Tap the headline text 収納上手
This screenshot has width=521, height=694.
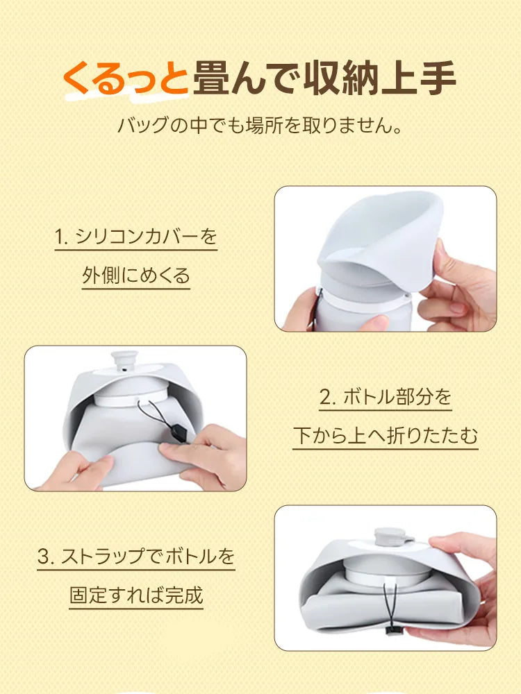[x=380, y=78]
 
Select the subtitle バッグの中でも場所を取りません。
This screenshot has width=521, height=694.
[x=260, y=127]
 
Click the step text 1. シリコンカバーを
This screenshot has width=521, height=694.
[x=136, y=237]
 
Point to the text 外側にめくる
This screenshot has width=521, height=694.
[x=136, y=276]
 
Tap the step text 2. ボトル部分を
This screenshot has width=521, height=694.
[x=386, y=398]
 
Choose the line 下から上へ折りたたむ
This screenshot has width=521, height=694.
[x=386, y=436]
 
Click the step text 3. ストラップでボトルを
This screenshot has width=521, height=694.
[x=136, y=557]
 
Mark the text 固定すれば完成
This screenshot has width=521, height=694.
[x=136, y=595]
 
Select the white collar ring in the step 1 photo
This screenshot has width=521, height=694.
[x=361, y=300]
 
